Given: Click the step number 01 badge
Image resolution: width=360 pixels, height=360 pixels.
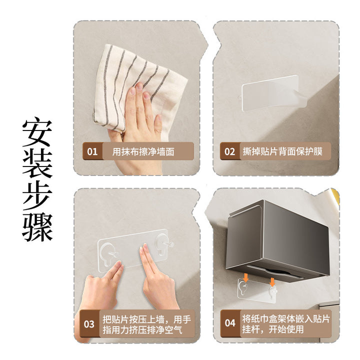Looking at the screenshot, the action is coord(92,151).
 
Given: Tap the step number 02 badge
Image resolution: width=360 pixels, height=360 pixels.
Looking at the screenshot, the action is coord(230,151).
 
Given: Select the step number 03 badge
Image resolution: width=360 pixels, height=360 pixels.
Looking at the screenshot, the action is coord(89,323).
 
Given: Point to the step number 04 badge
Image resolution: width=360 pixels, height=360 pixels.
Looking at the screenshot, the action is coord(230,323).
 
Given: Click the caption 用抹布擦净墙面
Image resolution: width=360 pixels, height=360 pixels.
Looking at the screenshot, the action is coord(143,151).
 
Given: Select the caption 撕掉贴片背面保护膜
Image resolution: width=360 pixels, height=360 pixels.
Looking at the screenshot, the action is coord(282,151).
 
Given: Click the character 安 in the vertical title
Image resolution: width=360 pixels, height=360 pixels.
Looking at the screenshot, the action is coord(37,132).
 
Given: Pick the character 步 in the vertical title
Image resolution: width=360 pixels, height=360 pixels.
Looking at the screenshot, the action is coord(37,195).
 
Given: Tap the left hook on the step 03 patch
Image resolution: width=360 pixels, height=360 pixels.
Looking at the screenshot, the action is coord(109,253).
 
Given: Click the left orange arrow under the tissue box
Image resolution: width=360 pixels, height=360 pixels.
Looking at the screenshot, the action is coord(245,278).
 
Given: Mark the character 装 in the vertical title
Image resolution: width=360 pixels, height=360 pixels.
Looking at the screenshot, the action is coord(37,163).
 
